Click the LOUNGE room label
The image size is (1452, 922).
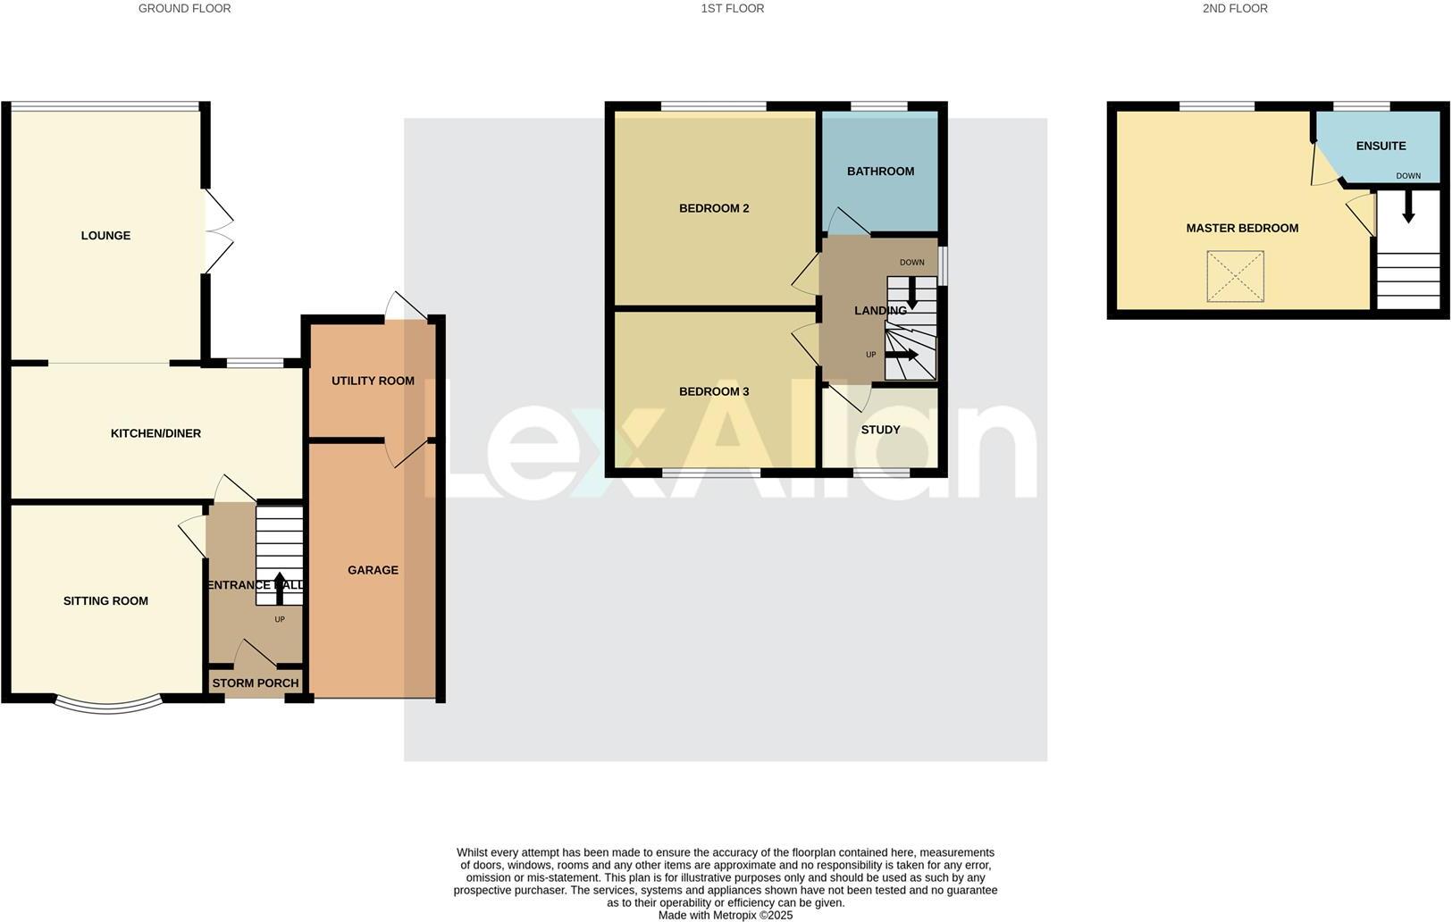(105, 236)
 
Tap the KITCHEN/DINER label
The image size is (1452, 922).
(155, 433)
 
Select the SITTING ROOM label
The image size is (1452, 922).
(105, 601)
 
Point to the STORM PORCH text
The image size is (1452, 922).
(256, 683)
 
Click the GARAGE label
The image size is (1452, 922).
(373, 570)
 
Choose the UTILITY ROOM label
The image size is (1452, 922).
(373, 381)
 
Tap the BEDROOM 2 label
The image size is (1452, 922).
(714, 208)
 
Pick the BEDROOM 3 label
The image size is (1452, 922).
(714, 391)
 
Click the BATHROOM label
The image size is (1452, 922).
(880, 172)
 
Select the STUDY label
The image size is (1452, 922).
(880, 430)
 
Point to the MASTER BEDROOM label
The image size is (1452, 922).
(1242, 228)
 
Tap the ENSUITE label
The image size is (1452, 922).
(1381, 146)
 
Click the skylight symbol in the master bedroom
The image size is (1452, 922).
(1236, 276)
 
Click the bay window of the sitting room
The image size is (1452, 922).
(108, 707)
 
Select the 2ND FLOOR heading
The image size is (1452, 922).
(1235, 9)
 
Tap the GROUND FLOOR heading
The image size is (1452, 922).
(184, 9)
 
